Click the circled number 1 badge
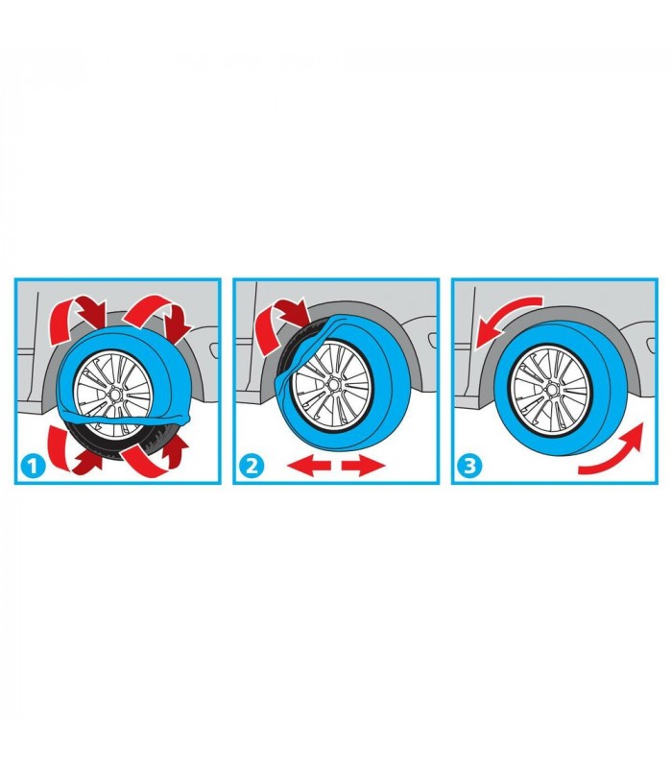click(33, 466)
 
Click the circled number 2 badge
click(252, 466)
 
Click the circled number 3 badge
click(469, 466)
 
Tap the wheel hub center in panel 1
click(115, 394)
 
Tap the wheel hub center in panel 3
click(551, 390)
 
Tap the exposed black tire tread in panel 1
click(115, 444)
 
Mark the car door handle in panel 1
click(214, 349)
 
